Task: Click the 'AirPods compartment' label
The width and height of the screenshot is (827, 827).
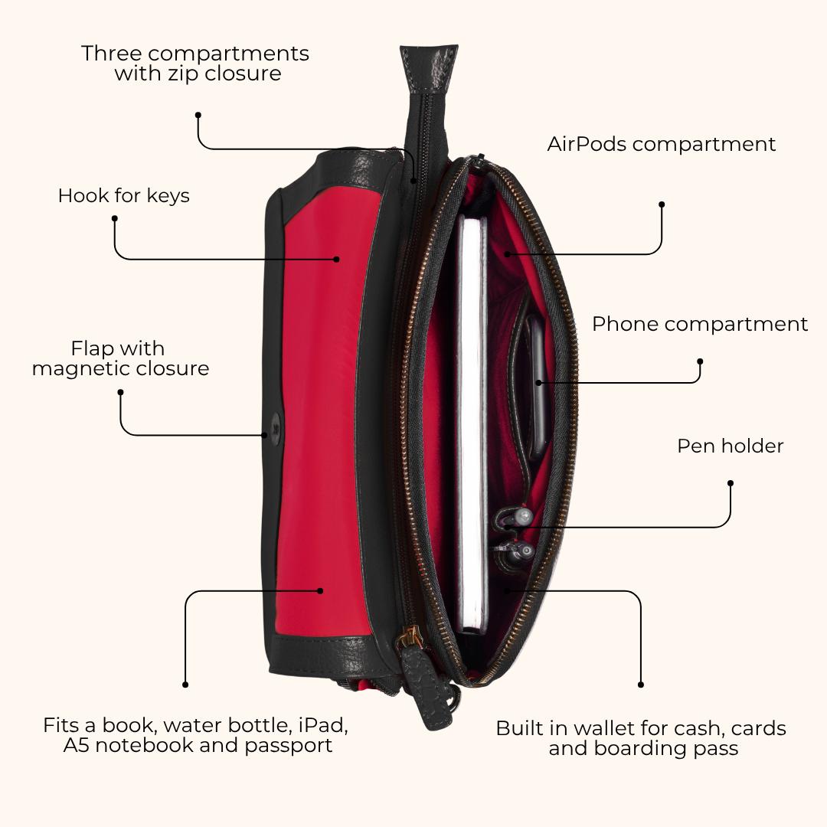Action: [662, 144]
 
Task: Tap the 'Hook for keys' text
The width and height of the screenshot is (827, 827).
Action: [123, 196]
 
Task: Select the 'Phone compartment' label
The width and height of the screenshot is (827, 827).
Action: [699, 324]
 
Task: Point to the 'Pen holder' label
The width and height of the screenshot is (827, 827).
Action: [730, 446]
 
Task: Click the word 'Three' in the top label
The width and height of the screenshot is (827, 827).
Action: [111, 54]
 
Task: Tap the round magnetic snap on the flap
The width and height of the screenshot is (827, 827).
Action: [276, 424]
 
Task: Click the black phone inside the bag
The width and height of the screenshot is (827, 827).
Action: [537, 385]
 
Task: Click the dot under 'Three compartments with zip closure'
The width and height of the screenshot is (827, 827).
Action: [198, 115]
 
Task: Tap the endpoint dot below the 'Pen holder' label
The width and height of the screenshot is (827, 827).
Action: [731, 483]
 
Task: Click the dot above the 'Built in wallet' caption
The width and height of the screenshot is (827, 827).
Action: [641, 685]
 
